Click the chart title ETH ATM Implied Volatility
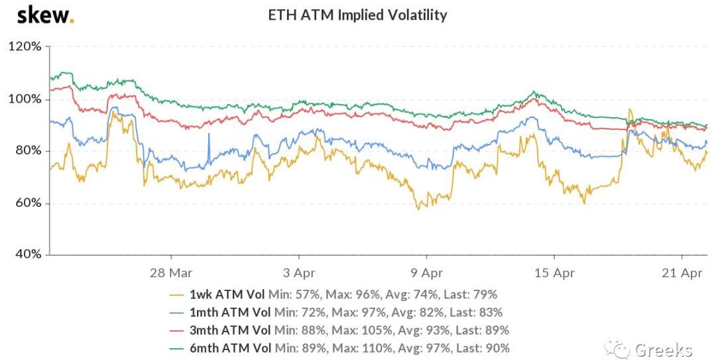click(x=357, y=15)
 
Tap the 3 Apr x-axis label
click(x=299, y=272)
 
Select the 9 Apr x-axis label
click(x=426, y=272)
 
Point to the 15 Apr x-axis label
click(x=554, y=272)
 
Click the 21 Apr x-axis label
click(x=682, y=272)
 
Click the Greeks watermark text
click(x=664, y=349)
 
